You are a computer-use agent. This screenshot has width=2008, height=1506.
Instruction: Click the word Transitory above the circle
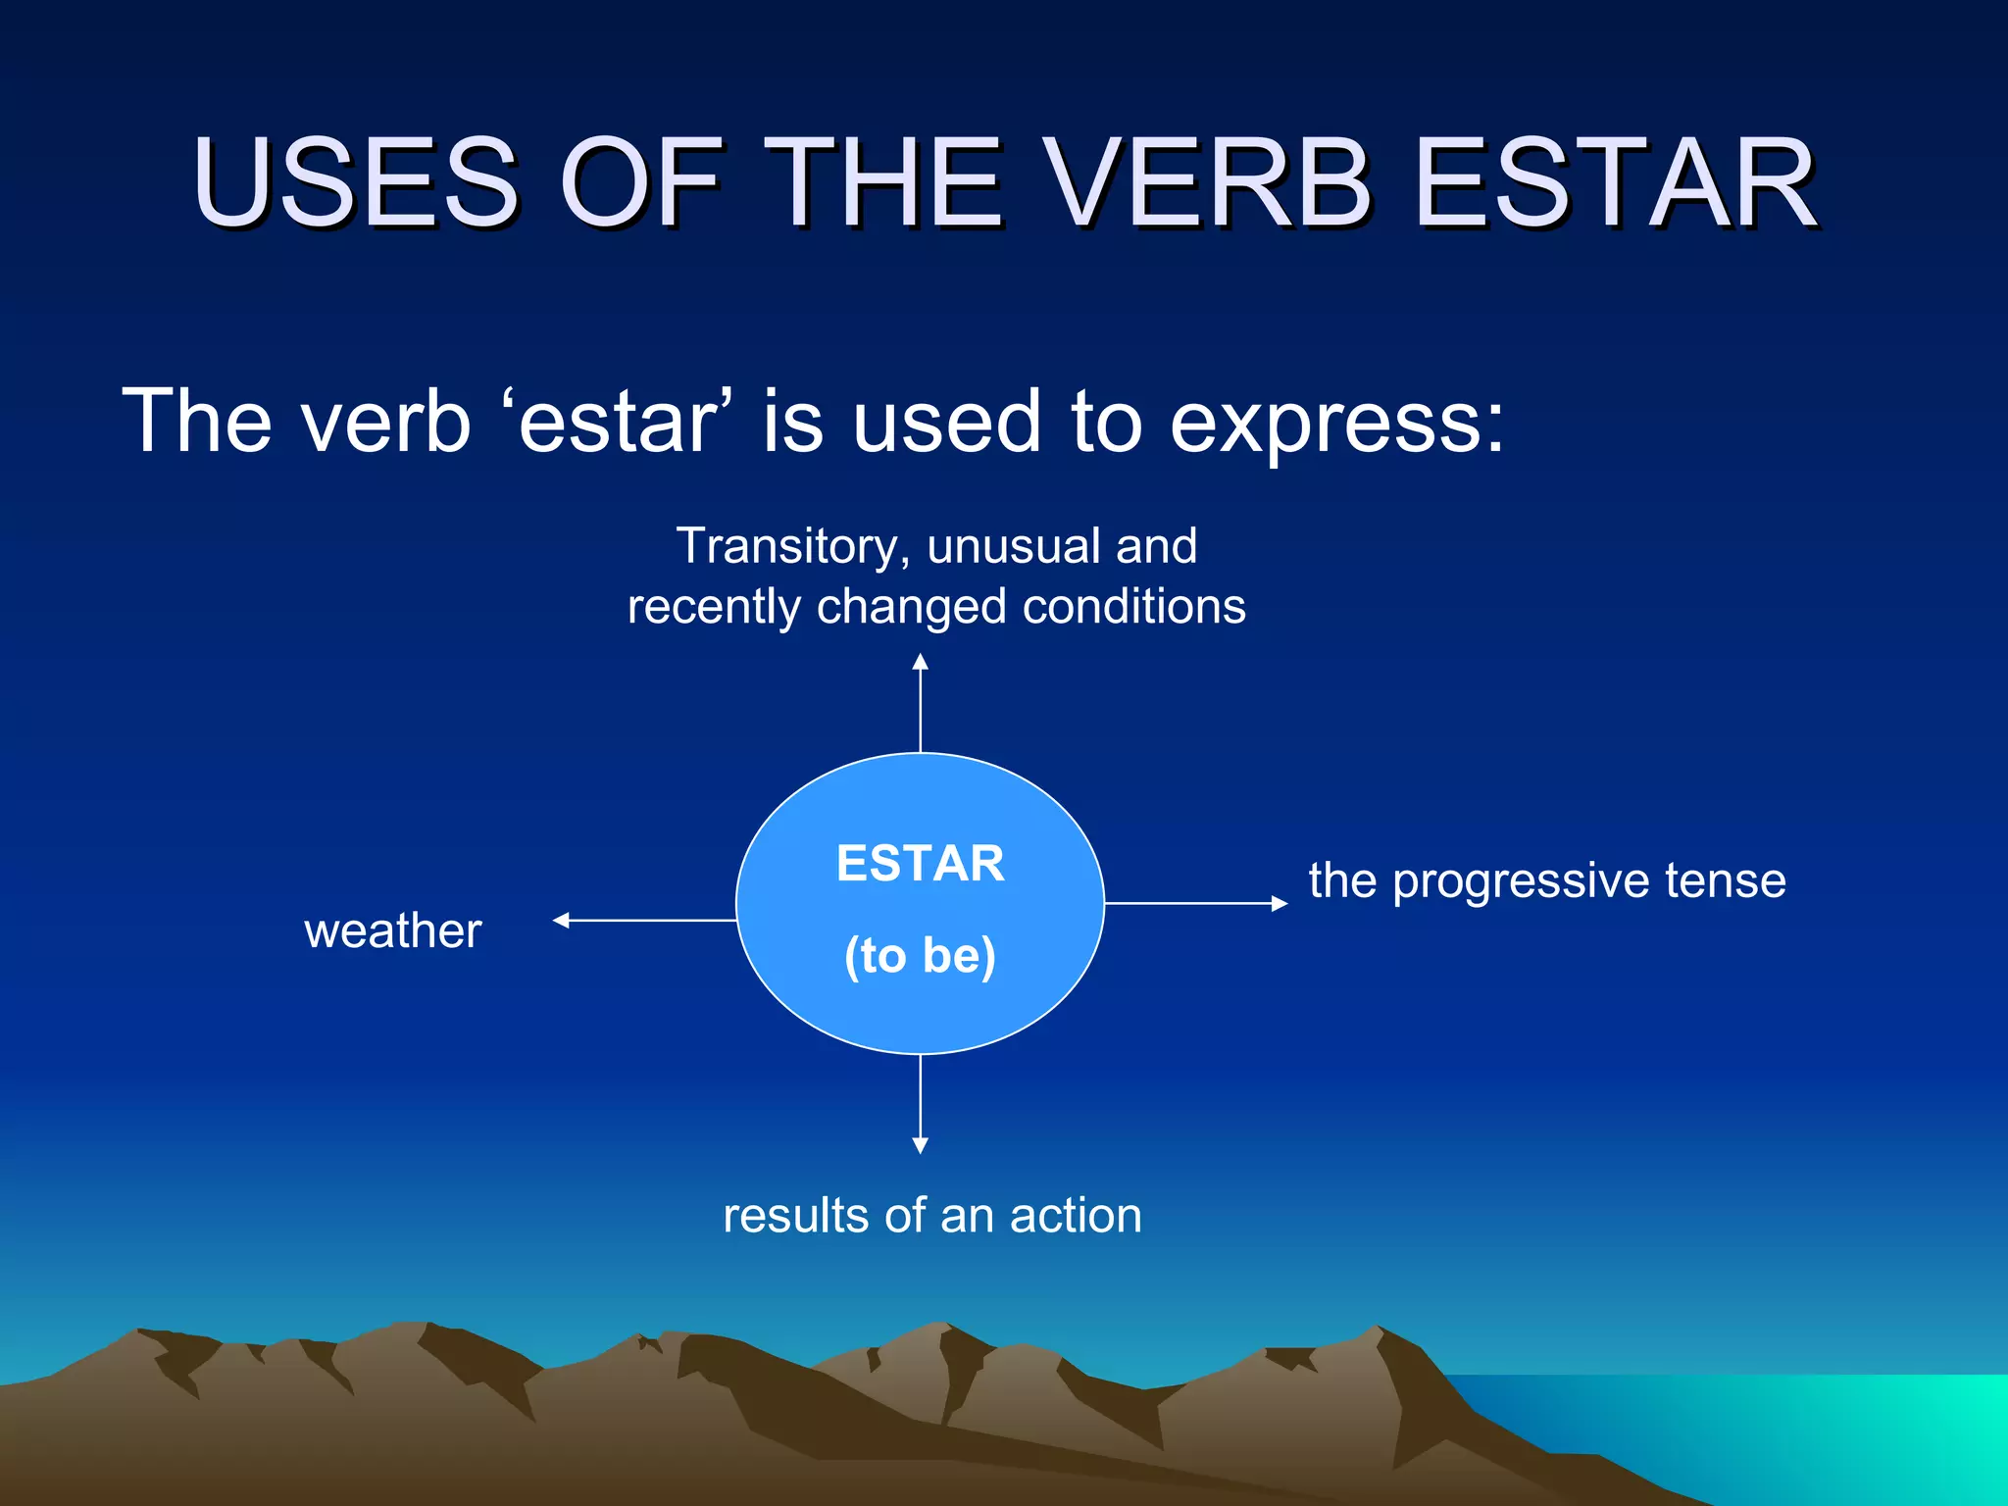pos(786,546)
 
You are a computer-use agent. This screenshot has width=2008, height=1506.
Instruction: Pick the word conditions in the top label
pos(1133,606)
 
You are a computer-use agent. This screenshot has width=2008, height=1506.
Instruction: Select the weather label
pos(392,930)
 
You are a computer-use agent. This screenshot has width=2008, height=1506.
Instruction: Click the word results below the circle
pos(795,1216)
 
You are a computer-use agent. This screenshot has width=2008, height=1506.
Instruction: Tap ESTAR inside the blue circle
pos(920,864)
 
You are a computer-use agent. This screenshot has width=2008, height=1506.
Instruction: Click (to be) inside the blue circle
pos(920,955)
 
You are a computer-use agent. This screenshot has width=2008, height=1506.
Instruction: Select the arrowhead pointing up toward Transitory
pos(920,663)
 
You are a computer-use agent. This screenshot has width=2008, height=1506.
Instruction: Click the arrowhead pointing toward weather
pos(562,920)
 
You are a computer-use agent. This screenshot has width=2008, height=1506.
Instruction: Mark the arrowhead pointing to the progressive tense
pos(1279,903)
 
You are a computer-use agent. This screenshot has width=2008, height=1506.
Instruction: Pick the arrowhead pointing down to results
pos(920,1144)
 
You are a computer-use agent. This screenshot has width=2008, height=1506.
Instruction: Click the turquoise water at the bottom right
pos(1814,1431)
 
